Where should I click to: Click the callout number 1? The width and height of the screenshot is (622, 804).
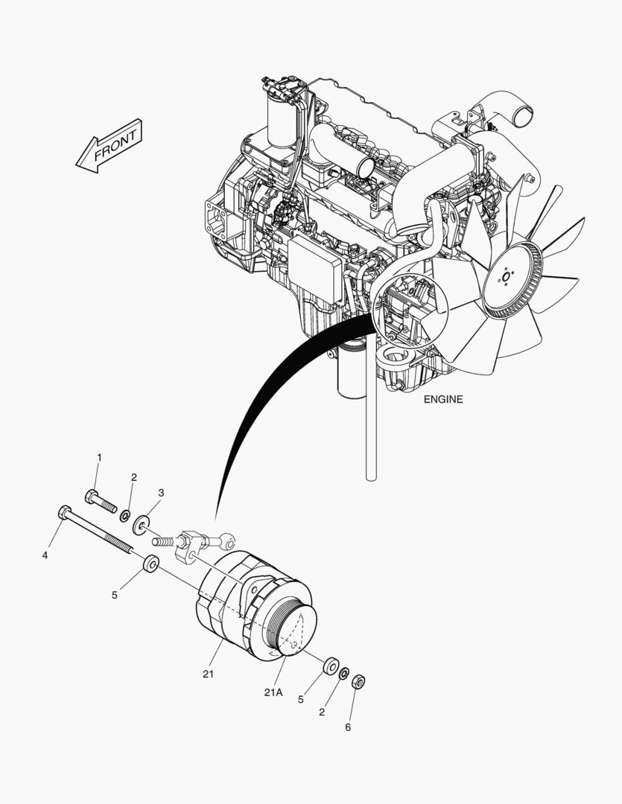[100, 456]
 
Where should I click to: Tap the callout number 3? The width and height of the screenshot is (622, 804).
[161, 493]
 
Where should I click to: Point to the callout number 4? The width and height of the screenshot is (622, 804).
[45, 555]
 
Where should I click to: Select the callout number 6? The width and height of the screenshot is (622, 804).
[348, 727]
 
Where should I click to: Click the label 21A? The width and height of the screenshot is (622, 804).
[273, 692]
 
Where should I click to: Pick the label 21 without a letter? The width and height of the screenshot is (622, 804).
[208, 674]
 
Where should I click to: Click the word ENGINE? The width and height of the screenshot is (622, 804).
[443, 399]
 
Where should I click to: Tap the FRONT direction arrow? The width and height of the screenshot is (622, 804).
[109, 146]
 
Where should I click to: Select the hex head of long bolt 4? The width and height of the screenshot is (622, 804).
[65, 512]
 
